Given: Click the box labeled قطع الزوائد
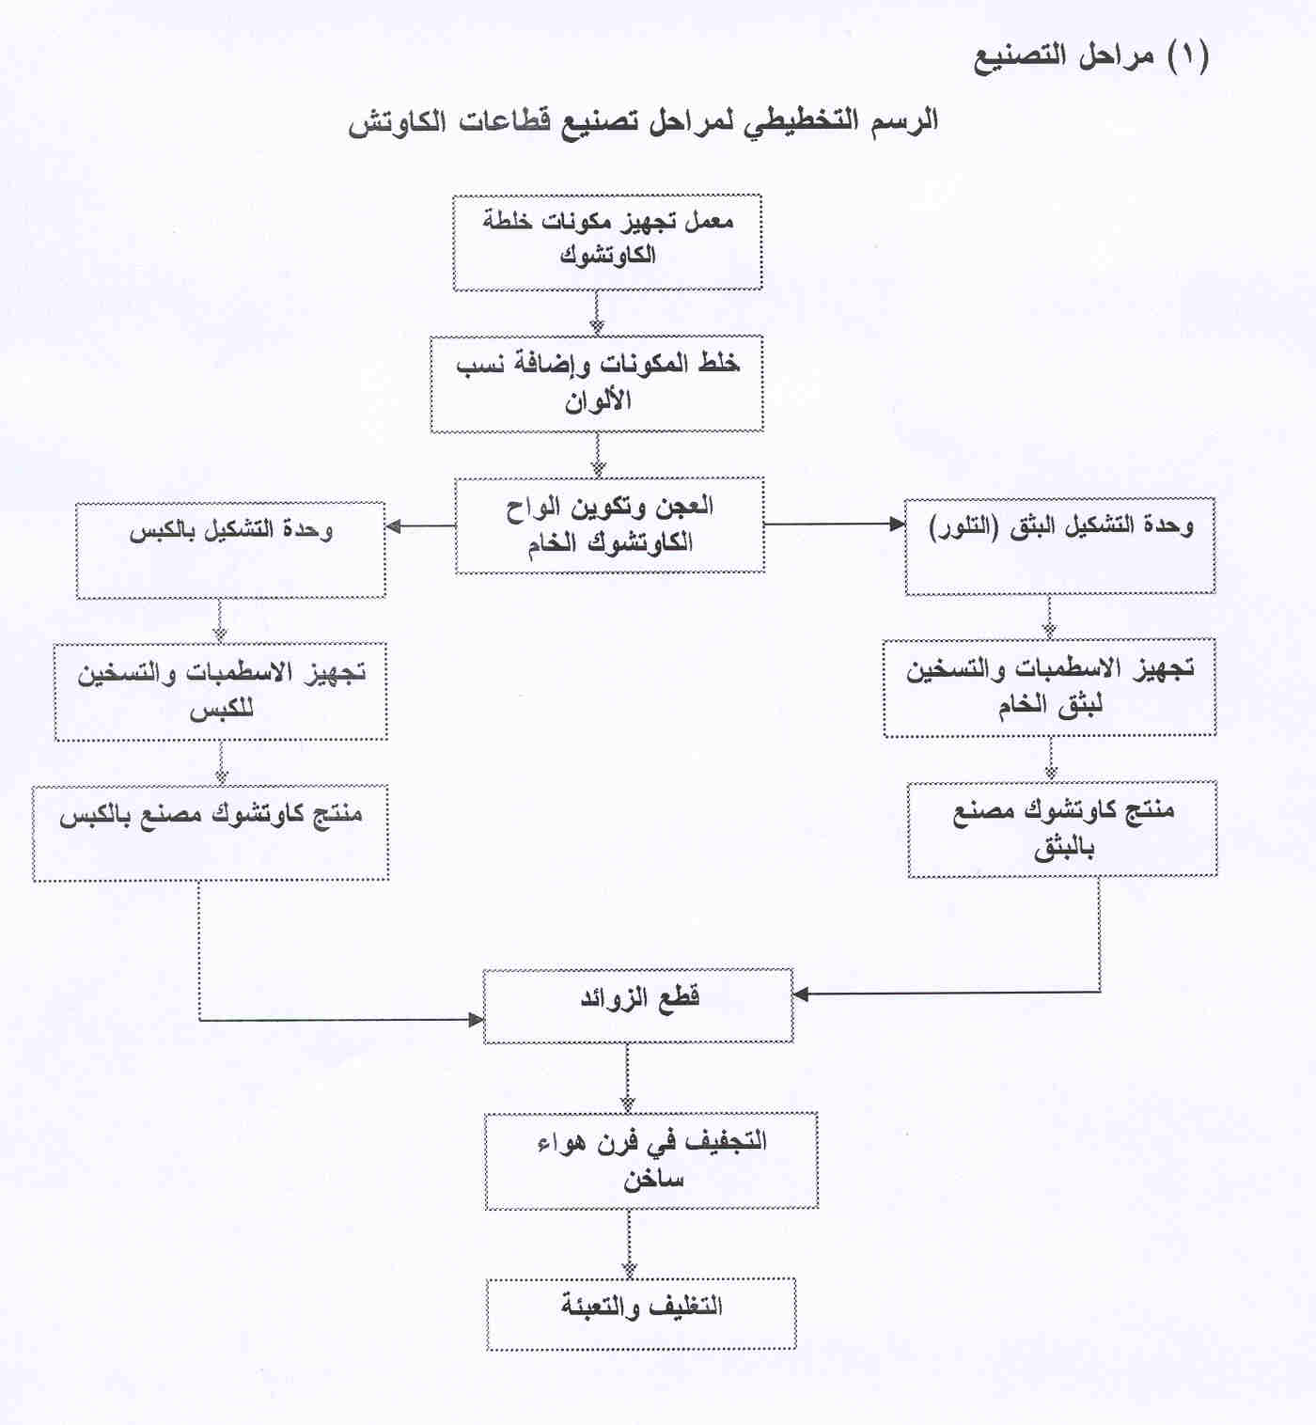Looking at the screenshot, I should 638,1006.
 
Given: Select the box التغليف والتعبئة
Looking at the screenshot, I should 641,1313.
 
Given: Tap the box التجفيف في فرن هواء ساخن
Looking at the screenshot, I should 651,1160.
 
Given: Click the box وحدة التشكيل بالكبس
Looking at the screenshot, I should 230,550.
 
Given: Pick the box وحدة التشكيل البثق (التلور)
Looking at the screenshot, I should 1059,546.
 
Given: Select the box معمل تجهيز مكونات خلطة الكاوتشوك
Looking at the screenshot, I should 607,243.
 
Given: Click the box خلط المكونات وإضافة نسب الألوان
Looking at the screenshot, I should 597,384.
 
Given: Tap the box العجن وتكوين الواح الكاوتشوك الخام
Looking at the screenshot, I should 610,525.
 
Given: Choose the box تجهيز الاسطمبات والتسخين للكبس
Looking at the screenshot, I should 221,692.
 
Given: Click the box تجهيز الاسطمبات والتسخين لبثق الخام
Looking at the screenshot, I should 1049,688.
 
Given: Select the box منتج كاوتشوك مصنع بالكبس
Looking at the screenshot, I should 211,833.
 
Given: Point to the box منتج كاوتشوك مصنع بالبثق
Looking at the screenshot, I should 1062,829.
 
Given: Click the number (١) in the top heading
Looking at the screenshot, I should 1188,55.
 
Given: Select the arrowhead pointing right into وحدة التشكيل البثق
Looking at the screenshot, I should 897,525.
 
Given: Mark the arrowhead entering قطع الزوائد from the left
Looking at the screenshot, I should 476,1019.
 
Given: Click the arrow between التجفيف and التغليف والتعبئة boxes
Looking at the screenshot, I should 629,1243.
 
